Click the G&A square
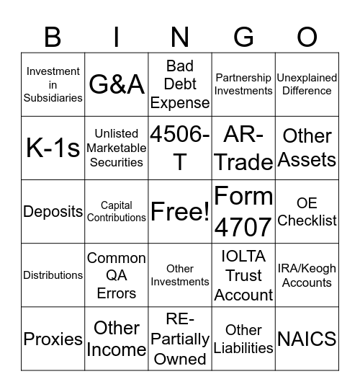coord(117,84)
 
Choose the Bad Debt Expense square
coord(180,84)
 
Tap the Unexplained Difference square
coord(307,84)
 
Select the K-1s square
coord(53,148)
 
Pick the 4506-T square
coord(180,148)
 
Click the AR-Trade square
coord(243,148)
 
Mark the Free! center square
coord(180,211)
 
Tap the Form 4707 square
coord(243,211)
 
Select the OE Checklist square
coord(307,211)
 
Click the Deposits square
coord(53,211)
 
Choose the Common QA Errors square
coord(117,275)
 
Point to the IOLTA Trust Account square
coord(243,275)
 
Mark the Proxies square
coord(53,338)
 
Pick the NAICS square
coord(307,338)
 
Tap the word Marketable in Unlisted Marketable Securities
coord(117,148)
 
